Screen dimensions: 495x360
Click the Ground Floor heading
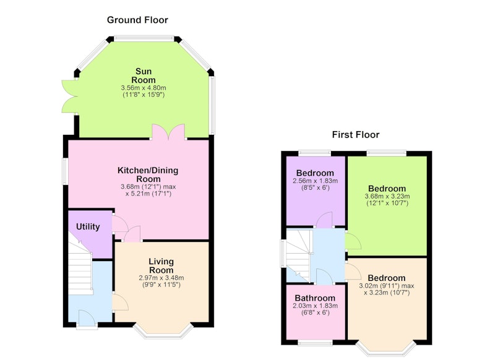pyautogui.click(x=137, y=20)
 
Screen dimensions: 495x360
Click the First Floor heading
pyautogui.click(x=355, y=135)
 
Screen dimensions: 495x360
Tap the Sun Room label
pyautogui.click(x=144, y=75)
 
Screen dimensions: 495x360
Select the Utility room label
pyautogui.click(x=88, y=226)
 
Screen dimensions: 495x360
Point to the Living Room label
pyautogui.click(x=161, y=265)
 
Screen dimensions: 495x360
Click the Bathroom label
pyautogui.click(x=315, y=298)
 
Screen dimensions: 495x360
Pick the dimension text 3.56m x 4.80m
pyautogui.click(x=144, y=88)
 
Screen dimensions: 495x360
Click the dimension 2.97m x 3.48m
pyautogui.click(x=161, y=278)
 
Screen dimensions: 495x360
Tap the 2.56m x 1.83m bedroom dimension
pyautogui.click(x=315, y=181)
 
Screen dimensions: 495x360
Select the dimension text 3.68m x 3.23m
pyautogui.click(x=387, y=196)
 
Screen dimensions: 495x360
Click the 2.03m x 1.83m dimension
pyautogui.click(x=315, y=306)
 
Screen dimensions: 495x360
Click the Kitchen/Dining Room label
pyautogui.click(x=148, y=174)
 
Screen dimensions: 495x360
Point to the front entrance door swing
pyautogui.click(x=87, y=317)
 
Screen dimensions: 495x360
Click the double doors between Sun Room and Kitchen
pyautogui.click(x=168, y=132)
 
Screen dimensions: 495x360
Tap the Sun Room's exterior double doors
pyautogui.click(x=69, y=96)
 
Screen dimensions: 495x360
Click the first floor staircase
pyautogui.click(x=298, y=255)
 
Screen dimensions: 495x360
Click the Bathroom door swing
pyautogui.click(x=324, y=276)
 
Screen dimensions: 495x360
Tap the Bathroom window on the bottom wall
pyautogui.click(x=315, y=343)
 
